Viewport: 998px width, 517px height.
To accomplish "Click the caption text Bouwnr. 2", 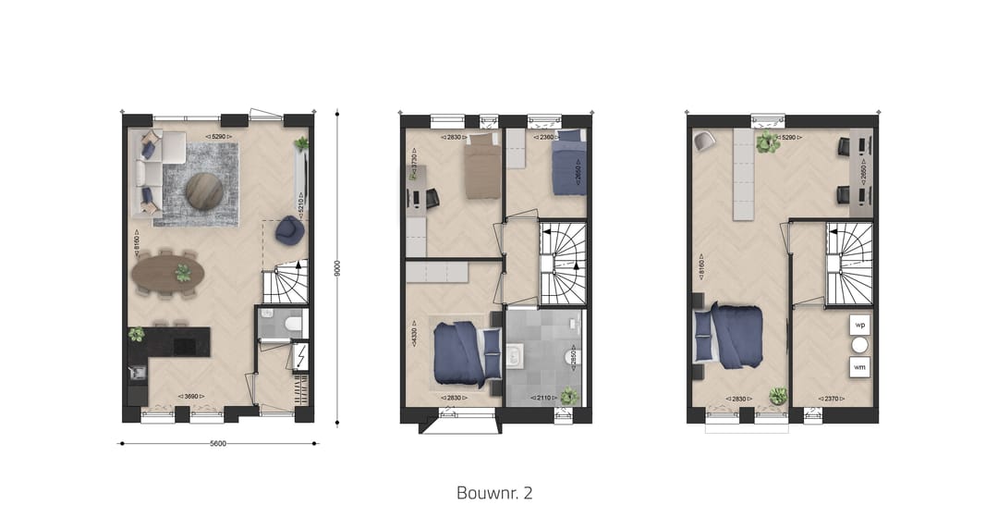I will point(494,492).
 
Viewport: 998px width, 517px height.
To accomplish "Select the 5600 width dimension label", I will point(218,443).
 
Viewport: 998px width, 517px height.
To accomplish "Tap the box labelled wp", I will point(859,326).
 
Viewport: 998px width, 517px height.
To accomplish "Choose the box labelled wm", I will point(859,366).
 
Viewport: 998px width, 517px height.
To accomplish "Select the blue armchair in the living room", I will point(287,230).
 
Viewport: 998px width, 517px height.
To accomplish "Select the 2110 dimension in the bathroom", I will point(538,399).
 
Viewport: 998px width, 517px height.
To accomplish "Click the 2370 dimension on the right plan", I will point(821,399).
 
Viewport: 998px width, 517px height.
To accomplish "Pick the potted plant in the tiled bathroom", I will point(569,396).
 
